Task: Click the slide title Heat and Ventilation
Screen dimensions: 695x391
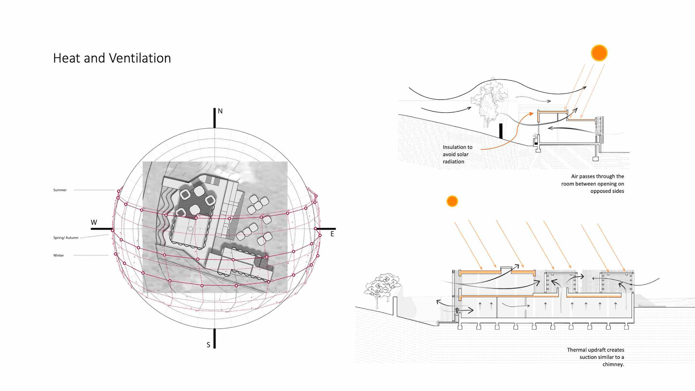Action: click(112, 58)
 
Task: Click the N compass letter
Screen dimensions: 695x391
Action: click(220, 111)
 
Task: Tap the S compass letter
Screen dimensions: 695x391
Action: click(208, 345)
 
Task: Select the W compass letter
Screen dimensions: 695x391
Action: click(94, 222)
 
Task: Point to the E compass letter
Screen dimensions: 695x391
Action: click(332, 234)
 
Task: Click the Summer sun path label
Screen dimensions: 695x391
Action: click(60, 190)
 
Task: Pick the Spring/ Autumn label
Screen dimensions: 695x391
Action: click(66, 238)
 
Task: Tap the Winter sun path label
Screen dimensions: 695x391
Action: click(58, 256)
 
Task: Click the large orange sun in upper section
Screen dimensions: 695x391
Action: click(599, 53)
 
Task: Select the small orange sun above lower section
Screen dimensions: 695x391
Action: click(452, 201)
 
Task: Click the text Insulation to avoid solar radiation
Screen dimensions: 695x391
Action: click(457, 154)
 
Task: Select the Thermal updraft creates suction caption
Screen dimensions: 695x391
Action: click(595, 357)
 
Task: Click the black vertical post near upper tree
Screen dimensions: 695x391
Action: click(501, 131)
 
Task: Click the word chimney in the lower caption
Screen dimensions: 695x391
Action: click(613, 364)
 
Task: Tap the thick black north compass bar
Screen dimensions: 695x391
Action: click(215, 118)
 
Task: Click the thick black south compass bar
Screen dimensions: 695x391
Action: click(215, 338)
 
